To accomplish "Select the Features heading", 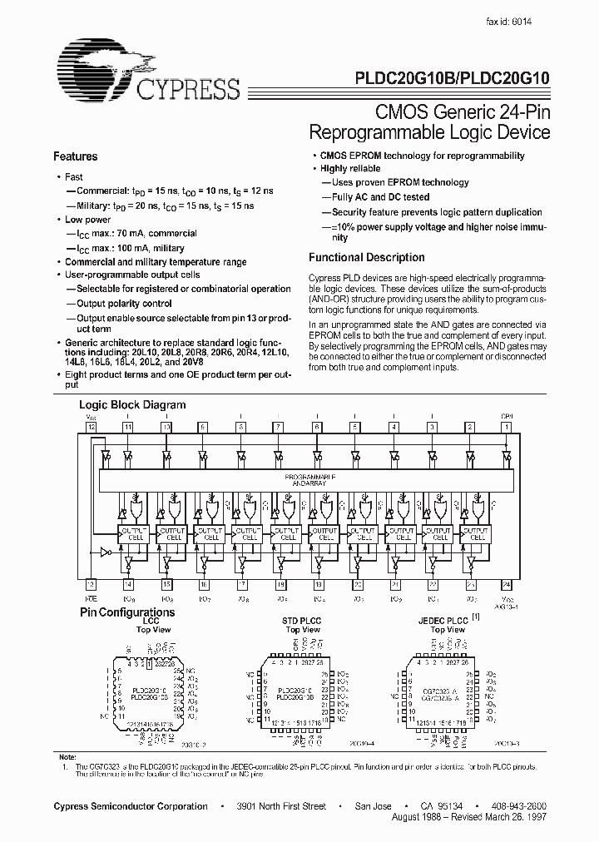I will (x=76, y=156).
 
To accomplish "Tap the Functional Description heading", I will (x=366, y=257).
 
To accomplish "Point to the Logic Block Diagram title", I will (x=132, y=405).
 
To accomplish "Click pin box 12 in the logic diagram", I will (x=92, y=427).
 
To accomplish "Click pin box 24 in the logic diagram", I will (x=507, y=584).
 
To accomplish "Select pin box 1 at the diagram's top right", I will (x=507, y=427).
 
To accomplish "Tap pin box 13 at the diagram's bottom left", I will (x=92, y=584).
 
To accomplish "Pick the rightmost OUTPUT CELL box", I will (x=477, y=533).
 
